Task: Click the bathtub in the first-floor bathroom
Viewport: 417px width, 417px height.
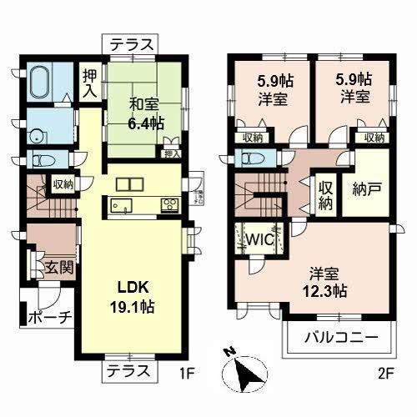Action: pos(39,84)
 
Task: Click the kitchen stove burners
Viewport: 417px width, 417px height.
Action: pos(168,204)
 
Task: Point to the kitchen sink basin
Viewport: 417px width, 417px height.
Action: pos(118,205)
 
